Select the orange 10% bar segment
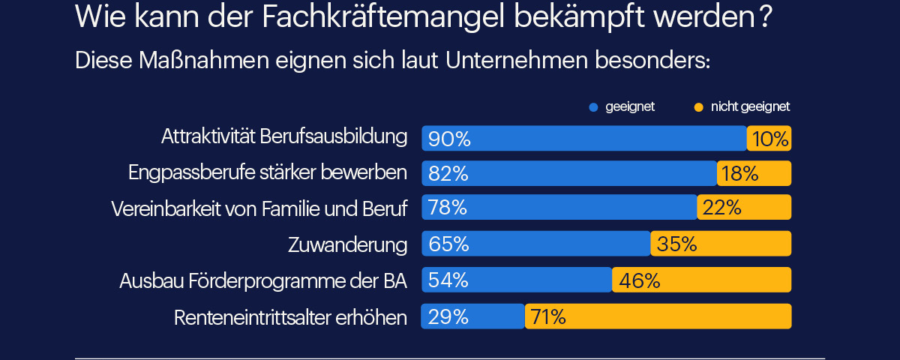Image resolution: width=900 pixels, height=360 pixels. pos(769,139)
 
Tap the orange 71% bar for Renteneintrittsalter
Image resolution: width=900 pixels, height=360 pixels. pos(658,316)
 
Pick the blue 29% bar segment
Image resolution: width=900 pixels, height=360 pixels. pos(472,316)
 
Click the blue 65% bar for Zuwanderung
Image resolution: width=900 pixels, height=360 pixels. pos(536,244)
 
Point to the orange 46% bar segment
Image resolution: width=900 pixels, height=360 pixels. pos(702,280)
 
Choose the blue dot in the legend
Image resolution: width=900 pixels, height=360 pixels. pos(593,107)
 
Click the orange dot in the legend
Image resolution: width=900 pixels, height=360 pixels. pos(698,107)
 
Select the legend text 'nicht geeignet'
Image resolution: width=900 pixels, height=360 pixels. pos(750,106)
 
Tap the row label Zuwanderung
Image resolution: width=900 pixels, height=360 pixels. pos(347,244)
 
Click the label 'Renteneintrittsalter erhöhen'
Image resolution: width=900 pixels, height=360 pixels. pos(290,317)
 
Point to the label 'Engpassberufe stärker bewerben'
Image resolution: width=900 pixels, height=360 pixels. pos(268,172)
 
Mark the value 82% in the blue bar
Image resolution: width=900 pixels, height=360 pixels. pos(448,174)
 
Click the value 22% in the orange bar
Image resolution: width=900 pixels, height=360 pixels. pos(722,208)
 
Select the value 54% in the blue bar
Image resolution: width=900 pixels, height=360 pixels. pos(448,280)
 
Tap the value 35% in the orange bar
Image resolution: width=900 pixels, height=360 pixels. pos(677,244)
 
